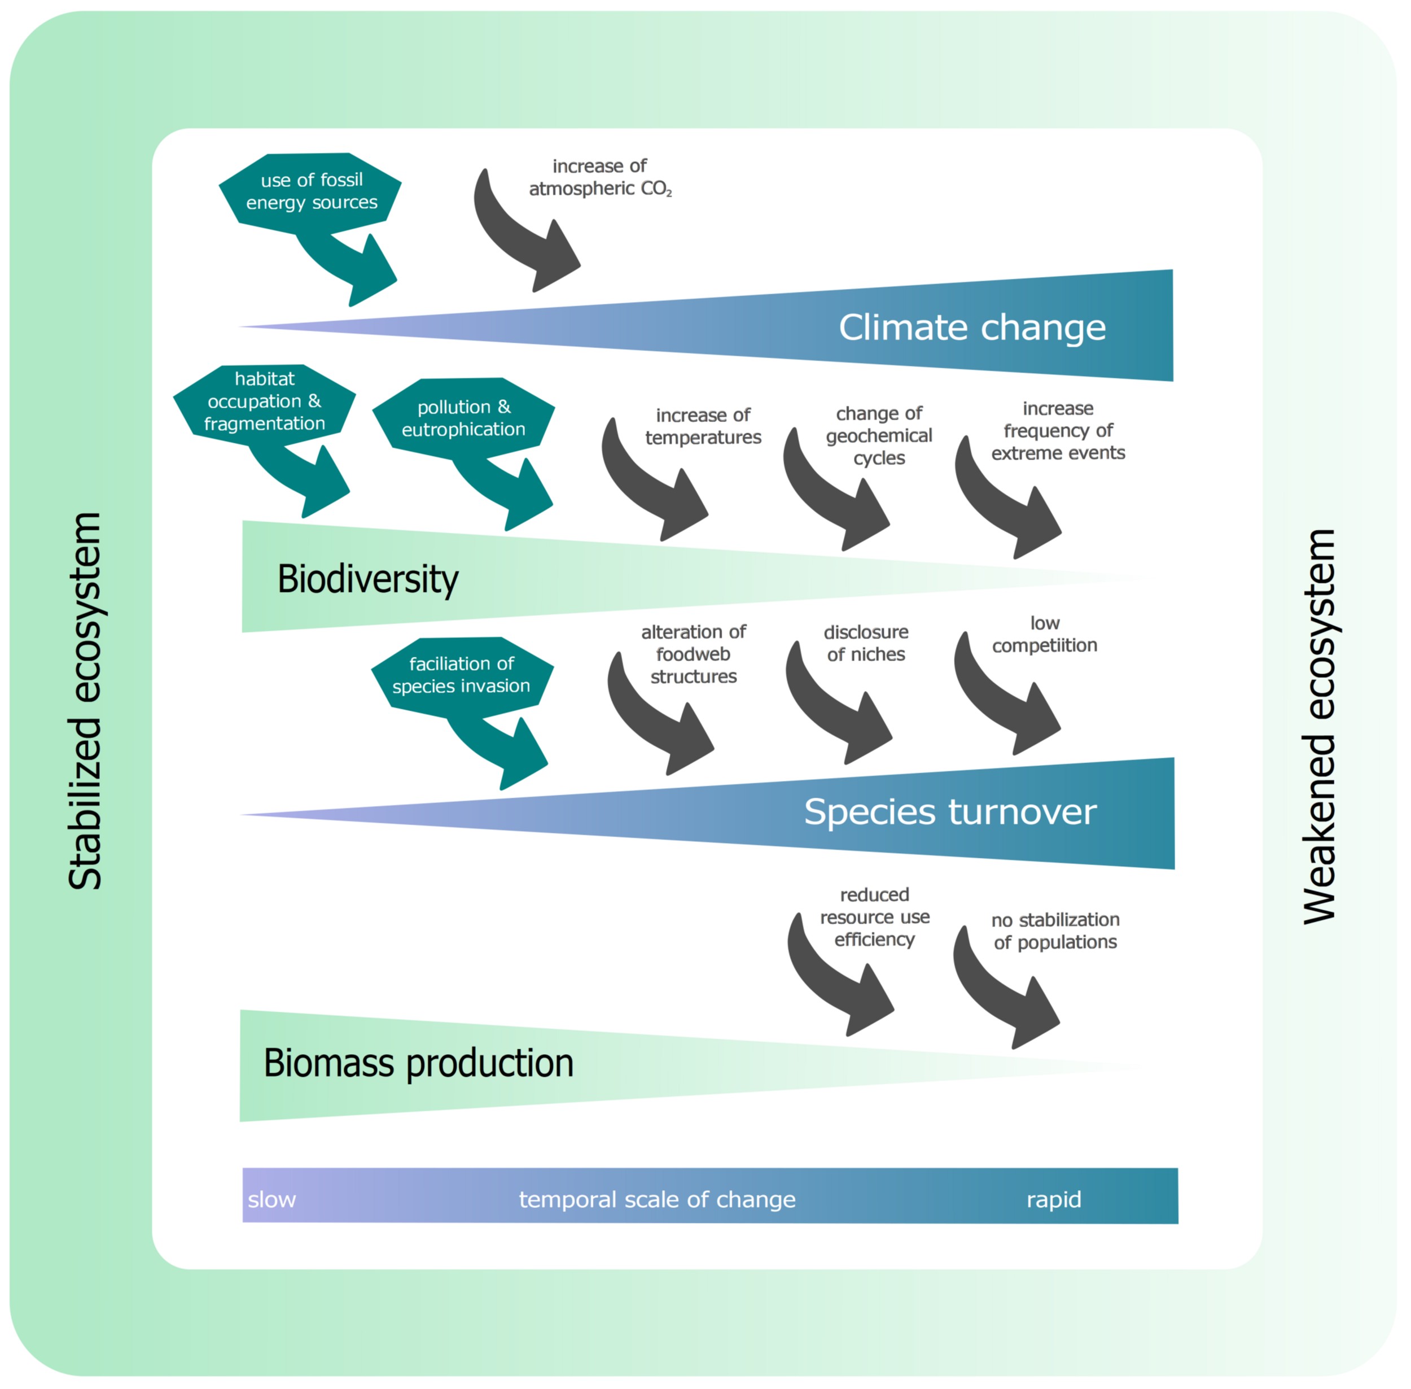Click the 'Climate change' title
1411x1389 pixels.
coord(971,327)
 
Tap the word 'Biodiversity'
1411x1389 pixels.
coord(367,579)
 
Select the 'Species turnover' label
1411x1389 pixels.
coord(949,812)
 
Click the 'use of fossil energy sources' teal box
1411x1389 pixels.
coord(312,191)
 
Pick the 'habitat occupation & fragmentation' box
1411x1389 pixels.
coord(264,401)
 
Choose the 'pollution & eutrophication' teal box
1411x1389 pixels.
coord(463,418)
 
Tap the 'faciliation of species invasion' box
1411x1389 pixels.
coord(461,675)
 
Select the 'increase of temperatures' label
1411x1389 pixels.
coord(703,426)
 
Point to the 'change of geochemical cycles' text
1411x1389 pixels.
coord(879,435)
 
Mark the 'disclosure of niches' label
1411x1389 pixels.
coord(866,644)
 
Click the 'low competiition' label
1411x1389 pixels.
coord(1044,635)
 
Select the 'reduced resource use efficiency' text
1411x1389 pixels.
coord(874,917)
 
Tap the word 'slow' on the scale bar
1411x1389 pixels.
coord(271,1200)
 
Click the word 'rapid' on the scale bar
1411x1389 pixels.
coord(1053,1200)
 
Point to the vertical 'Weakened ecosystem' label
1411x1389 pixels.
coord(1318,726)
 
